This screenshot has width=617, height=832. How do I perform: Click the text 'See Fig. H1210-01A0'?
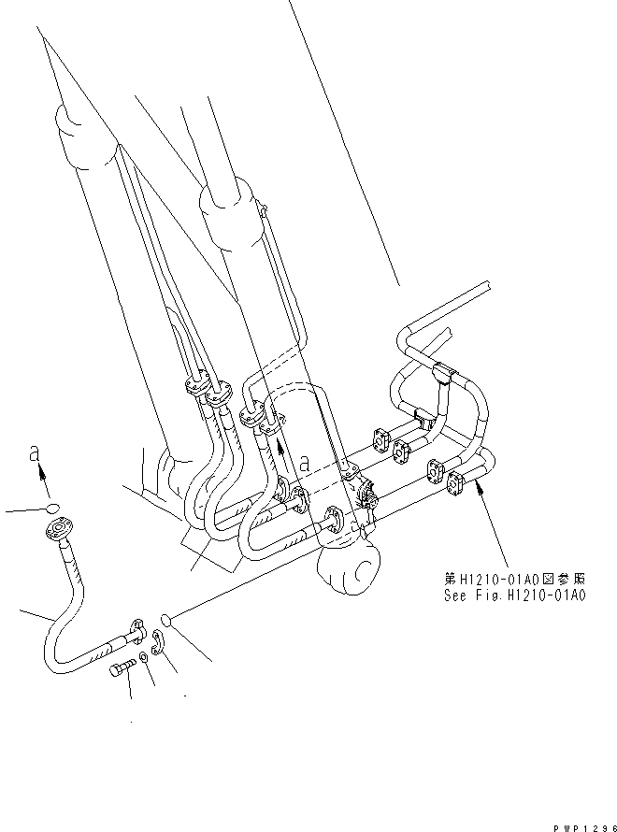[516, 594]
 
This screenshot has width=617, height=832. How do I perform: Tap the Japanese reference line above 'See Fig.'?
[516, 579]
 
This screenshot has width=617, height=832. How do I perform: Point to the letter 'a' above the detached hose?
[35, 453]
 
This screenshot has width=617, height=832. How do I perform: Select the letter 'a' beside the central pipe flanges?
[306, 460]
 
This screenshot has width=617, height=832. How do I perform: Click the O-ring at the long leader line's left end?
[165, 618]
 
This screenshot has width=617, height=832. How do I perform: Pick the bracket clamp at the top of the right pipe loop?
[444, 377]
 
